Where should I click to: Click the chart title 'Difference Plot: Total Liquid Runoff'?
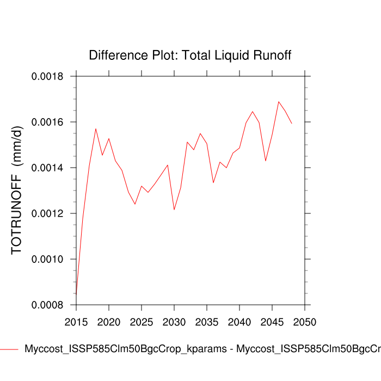190,56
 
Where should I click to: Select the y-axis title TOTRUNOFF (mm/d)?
17,190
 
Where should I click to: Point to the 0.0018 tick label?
48,76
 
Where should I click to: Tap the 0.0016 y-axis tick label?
48,122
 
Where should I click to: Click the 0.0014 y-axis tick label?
48,168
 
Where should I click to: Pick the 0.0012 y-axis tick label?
48,213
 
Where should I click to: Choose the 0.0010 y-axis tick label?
48,259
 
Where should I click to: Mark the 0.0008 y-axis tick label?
48,305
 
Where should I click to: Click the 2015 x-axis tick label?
76,321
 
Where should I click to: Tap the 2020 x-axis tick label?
109,321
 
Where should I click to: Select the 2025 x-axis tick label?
142,321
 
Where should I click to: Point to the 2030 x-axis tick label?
174,321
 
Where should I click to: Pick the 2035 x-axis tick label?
207,321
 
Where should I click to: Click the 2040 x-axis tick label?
239,321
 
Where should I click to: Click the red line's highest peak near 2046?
279,101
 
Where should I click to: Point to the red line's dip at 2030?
174,210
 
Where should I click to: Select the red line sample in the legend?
8,349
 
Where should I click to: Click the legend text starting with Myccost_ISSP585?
201,349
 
